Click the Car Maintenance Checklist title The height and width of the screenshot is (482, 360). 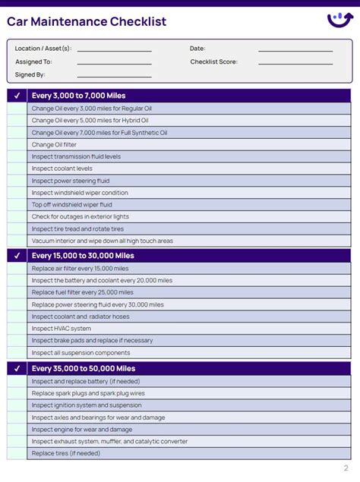tap(87, 21)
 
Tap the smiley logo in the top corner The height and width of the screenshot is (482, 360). tap(339, 20)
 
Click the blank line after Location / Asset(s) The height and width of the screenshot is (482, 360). tap(114, 49)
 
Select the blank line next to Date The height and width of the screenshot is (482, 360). tap(295, 49)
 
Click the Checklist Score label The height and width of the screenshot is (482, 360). tap(213, 61)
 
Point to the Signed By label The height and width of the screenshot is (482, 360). tap(30, 74)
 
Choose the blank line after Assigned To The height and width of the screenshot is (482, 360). tap(114, 62)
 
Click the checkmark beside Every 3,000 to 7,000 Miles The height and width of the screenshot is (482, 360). tap(17, 96)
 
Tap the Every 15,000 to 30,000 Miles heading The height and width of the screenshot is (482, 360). tap(83, 256)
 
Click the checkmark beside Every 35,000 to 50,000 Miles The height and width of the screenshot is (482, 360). tap(17, 368)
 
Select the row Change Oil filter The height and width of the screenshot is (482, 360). tap(54, 144)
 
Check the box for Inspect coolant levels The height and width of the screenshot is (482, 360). tap(17, 169)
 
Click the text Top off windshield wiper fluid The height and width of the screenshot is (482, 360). tap(71, 204)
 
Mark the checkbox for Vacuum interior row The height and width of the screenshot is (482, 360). tap(17, 241)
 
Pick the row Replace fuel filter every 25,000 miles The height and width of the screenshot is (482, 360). tap(82, 292)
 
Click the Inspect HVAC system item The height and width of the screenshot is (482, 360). tap(61, 329)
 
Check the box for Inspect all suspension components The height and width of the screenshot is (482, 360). tap(17, 353)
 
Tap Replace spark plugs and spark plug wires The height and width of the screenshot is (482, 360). tap(87, 393)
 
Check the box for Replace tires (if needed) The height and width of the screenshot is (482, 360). tap(17, 453)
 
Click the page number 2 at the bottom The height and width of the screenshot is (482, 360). tap(346, 468)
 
